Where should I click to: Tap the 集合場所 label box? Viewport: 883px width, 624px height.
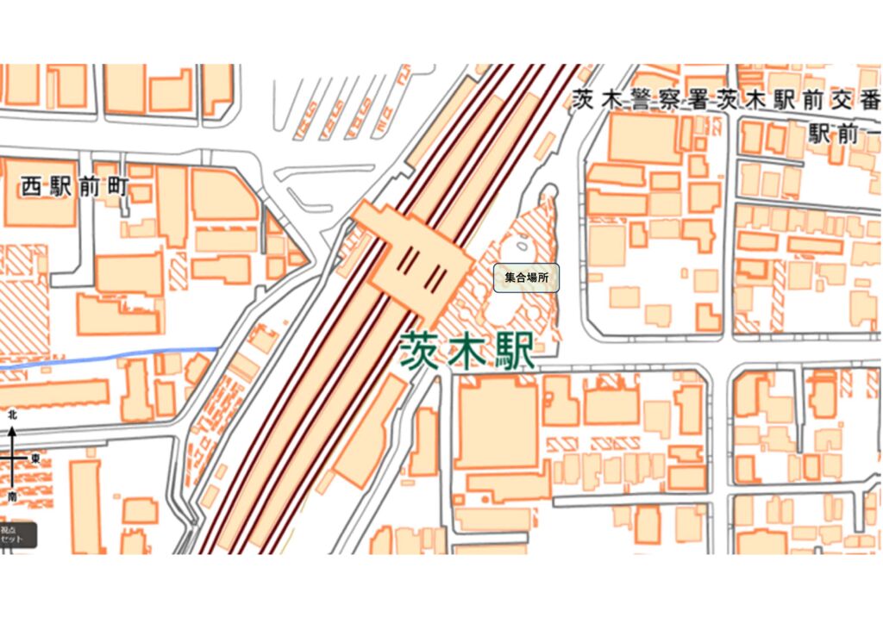tap(526, 278)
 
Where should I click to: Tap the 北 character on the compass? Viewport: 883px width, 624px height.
tap(12, 415)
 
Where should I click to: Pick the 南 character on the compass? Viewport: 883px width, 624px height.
tap(12, 497)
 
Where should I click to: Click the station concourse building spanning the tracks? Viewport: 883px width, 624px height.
tap(412, 258)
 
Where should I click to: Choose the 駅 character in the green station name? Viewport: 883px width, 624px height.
tap(514, 352)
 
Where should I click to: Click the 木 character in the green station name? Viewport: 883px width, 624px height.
tap(467, 352)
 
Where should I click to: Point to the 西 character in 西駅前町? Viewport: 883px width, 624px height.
tap(32, 187)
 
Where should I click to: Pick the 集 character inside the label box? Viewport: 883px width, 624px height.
tap(510, 278)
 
